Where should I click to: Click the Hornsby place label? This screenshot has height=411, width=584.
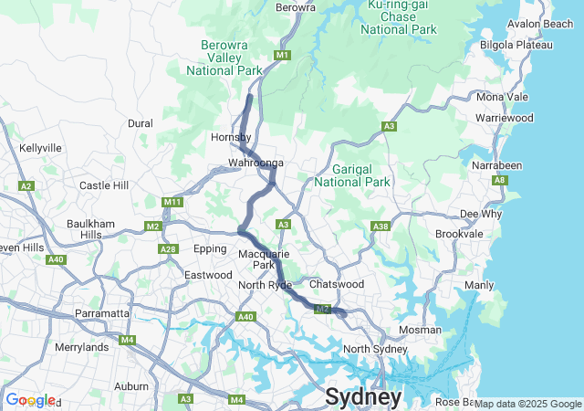224,137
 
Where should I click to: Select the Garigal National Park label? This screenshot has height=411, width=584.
352,175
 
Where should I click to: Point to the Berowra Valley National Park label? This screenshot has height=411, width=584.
224,57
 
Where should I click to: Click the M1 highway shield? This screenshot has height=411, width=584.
282,56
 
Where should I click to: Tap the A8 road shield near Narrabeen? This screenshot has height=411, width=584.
499,180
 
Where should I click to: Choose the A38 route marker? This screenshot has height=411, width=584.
381,226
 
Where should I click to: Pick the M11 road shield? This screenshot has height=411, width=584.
172,201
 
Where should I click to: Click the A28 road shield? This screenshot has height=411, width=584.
168,249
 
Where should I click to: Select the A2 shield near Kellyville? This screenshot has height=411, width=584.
26,186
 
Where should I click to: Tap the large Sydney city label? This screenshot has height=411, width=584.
363,397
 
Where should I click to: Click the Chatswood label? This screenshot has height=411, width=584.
336,284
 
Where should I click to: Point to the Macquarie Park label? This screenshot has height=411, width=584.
264,258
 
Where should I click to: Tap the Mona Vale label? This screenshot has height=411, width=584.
501,97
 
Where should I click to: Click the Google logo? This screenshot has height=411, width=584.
30,400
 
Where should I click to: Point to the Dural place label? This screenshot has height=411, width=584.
141,123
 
